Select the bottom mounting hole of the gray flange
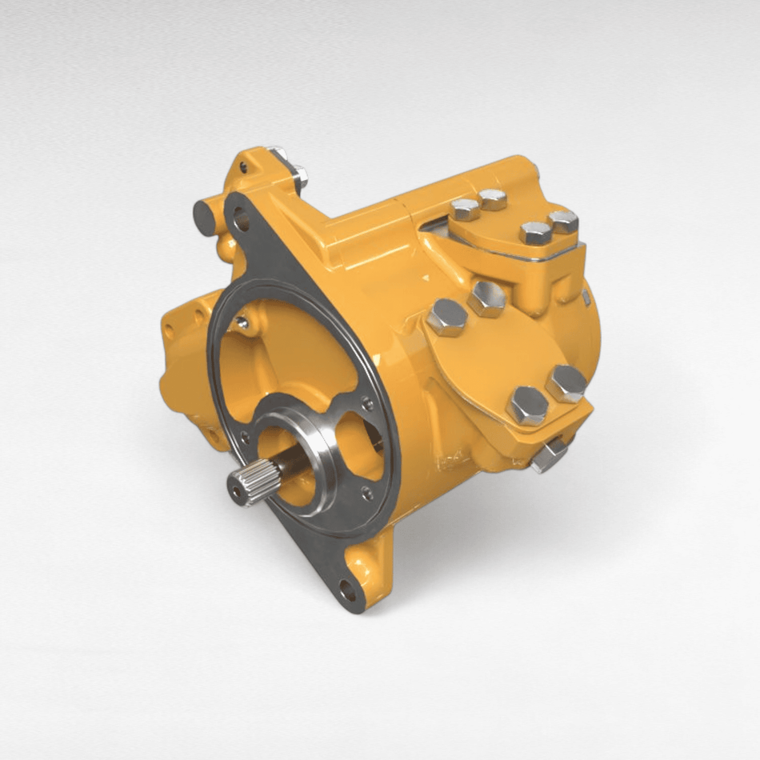tap(348, 593)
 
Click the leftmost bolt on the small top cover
tap(465, 210)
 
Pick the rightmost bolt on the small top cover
tap(563, 220)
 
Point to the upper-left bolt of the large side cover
tap(446, 317)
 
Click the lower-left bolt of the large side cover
tap(527, 405)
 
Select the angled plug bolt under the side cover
tap(550, 456)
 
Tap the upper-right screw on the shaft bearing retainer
tap(368, 404)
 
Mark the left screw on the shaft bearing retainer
tap(245, 436)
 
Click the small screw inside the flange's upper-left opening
tap(242, 322)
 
